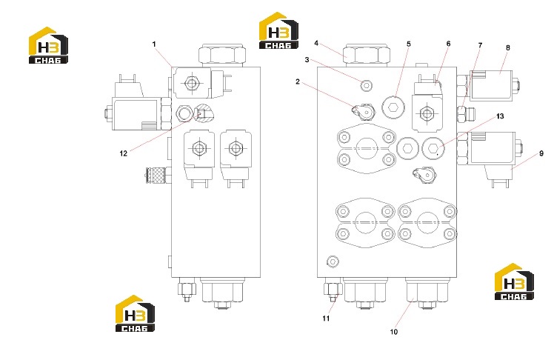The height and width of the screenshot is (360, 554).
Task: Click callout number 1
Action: click(154, 44)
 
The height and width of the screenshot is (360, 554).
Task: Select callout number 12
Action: click(123, 153)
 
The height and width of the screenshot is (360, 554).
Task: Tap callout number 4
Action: click(316, 43)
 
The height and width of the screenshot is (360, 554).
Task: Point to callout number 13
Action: click(500, 116)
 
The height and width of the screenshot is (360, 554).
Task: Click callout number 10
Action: click(393, 332)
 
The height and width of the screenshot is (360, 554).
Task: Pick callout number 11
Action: click(326, 319)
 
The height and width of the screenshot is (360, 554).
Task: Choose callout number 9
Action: click(541, 153)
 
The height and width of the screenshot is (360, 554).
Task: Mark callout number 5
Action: click(409, 44)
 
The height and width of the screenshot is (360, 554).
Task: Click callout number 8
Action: click(508, 47)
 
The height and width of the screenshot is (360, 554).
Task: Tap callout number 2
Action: click(298, 81)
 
